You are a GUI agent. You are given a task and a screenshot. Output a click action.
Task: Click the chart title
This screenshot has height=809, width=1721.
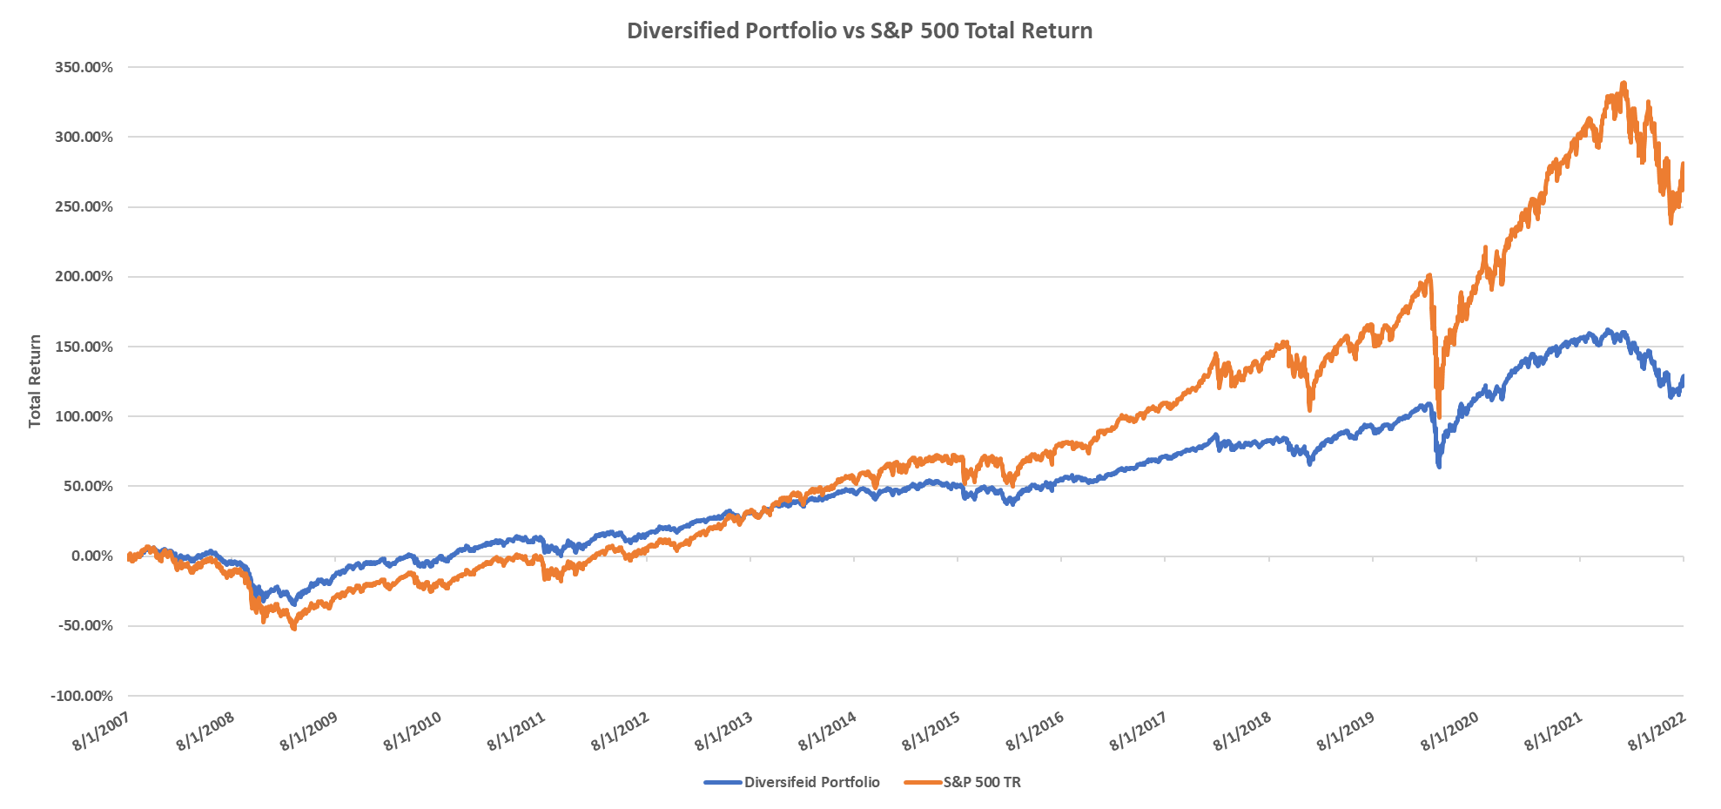pyautogui.click(x=859, y=30)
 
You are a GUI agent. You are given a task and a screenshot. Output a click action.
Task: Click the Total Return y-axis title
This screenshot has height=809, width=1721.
pyautogui.click(x=35, y=381)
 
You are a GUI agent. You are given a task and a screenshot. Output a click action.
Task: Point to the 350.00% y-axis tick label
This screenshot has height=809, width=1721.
pyautogui.click(x=84, y=68)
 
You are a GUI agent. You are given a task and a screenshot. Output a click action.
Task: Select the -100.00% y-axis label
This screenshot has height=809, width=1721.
pyautogui.click(x=81, y=697)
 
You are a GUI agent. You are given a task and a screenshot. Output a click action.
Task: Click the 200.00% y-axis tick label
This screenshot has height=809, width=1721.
pyautogui.click(x=84, y=277)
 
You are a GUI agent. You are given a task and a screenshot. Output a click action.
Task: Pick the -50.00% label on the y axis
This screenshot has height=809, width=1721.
pyautogui.click(x=84, y=626)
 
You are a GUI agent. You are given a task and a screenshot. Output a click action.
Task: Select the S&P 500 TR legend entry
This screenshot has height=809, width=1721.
pyautogui.click(x=982, y=782)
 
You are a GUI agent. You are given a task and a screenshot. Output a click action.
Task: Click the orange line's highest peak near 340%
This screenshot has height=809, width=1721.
pyautogui.click(x=1624, y=84)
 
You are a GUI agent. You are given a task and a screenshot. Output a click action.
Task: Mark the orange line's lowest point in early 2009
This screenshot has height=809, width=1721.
pyautogui.click(x=293, y=628)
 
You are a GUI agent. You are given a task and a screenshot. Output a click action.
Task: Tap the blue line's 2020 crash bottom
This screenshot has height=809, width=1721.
pyautogui.click(x=1439, y=466)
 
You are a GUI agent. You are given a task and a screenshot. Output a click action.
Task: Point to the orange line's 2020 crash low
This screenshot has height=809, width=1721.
pyautogui.click(x=1439, y=416)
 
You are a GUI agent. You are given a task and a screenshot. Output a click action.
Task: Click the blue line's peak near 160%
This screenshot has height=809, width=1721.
pyautogui.click(x=1608, y=331)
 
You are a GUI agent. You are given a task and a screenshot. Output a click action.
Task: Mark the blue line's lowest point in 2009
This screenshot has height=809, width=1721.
pyautogui.click(x=292, y=603)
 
